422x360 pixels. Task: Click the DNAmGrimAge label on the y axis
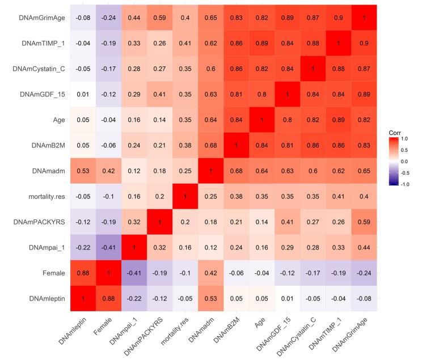39,17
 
